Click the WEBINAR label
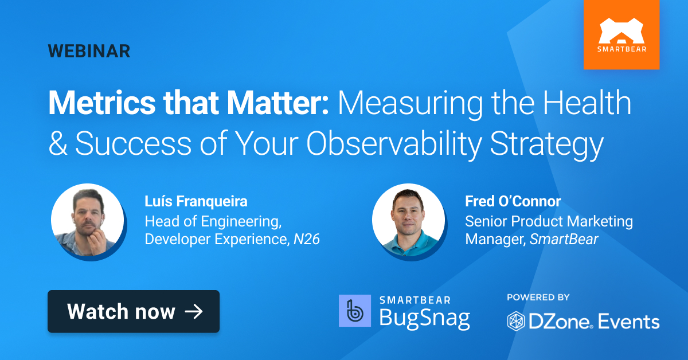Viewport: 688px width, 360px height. (x=89, y=51)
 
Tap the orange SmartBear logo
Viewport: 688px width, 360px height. (x=621, y=34)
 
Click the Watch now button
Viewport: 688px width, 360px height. (x=134, y=311)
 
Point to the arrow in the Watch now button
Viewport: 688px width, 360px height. (x=194, y=311)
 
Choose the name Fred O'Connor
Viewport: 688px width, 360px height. (x=513, y=202)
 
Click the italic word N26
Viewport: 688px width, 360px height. (x=306, y=239)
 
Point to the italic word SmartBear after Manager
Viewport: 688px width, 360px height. (x=564, y=239)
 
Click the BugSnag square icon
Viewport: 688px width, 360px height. (x=355, y=311)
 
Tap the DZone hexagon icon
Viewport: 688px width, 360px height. (x=517, y=321)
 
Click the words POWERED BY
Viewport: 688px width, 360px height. (x=538, y=298)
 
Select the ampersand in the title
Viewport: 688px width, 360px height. (x=57, y=144)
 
